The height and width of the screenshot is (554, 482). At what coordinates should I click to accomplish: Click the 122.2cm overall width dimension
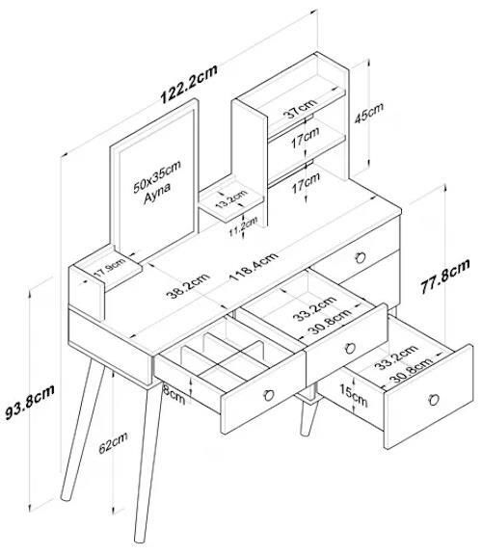(189, 84)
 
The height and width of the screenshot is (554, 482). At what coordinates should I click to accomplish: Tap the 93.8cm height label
(30, 402)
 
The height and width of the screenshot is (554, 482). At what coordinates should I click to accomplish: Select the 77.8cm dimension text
(445, 276)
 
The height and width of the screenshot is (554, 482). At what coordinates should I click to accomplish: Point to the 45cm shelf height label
(369, 113)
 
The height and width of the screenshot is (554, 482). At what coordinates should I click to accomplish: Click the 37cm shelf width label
(300, 108)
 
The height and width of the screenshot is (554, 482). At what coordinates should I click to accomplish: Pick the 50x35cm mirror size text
(157, 176)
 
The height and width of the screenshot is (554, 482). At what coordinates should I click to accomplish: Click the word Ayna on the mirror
(157, 194)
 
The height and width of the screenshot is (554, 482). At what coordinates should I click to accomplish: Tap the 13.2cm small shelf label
(231, 198)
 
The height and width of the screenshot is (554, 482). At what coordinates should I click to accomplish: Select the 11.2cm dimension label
(243, 226)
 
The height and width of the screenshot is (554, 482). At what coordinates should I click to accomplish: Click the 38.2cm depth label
(188, 285)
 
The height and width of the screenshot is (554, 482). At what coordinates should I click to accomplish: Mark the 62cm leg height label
(113, 442)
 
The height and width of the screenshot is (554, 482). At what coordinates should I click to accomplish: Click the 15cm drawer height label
(353, 395)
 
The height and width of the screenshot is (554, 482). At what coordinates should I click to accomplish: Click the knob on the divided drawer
(269, 395)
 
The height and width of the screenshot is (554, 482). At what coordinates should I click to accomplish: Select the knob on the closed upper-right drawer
(361, 257)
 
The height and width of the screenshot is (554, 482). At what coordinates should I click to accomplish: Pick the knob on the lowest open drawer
(434, 399)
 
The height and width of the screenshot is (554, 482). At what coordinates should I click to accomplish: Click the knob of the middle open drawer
(350, 348)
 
